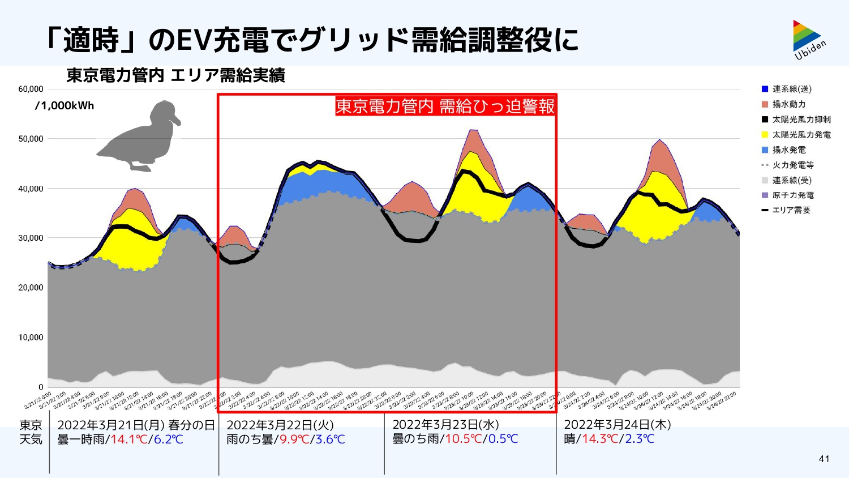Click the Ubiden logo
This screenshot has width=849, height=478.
point(809,39)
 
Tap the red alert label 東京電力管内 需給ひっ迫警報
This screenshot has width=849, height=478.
point(445,106)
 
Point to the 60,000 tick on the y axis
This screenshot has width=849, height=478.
point(31,89)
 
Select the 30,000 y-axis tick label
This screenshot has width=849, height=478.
point(31,238)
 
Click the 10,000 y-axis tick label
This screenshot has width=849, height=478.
point(31,338)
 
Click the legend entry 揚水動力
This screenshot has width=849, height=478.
point(788,104)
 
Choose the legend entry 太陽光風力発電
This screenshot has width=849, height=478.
point(801,135)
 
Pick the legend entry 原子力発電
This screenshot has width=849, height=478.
point(792,195)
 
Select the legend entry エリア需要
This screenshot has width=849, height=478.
point(791,210)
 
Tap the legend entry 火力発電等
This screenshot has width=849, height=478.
point(792,165)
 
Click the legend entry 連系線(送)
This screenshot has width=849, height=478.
point(791,89)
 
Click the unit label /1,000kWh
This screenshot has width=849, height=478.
point(65,106)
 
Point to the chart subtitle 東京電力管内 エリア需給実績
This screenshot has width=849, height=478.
point(175,75)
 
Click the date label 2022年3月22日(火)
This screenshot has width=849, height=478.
point(280,425)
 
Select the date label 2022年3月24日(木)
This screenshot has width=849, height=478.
point(617,425)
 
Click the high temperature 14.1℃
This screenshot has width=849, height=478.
point(128,439)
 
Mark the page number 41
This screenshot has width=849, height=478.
point(824,459)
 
